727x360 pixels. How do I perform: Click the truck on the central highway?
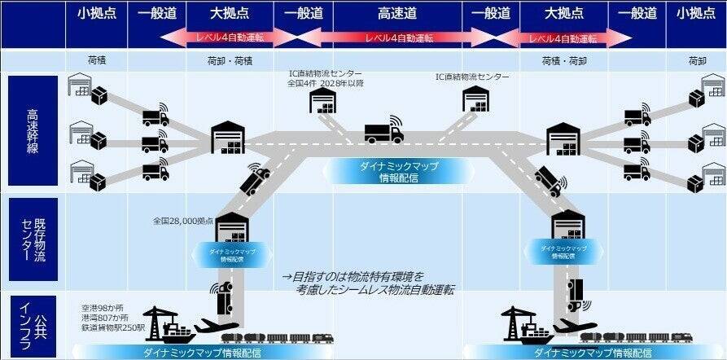[383, 132]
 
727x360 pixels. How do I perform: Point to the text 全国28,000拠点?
[183, 221]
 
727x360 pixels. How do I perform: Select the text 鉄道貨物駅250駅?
[114, 328]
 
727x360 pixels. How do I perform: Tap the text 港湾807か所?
[106, 318]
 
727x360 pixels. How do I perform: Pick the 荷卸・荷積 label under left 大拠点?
[230, 60]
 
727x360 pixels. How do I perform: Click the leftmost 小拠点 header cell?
[96, 14]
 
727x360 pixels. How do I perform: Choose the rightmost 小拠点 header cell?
[696, 14]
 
